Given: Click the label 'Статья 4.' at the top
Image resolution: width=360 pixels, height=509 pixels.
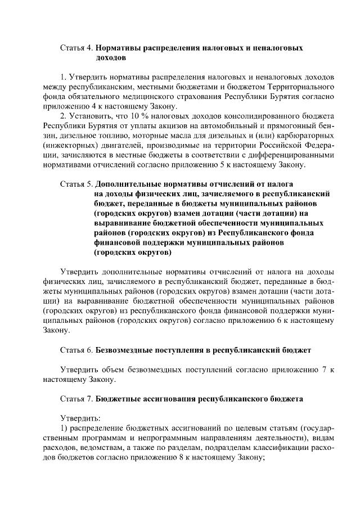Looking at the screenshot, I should click(x=76, y=48).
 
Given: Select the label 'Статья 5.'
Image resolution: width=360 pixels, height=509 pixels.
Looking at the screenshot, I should click(x=76, y=184).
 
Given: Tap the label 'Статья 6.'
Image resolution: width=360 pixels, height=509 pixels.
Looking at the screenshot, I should click(x=76, y=350).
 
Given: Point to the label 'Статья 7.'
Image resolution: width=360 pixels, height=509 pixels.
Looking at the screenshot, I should click(x=76, y=398).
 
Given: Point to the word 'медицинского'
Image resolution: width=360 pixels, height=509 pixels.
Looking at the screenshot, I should click(x=138, y=97).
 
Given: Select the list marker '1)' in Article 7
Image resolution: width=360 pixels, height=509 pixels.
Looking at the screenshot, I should click(x=64, y=428).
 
